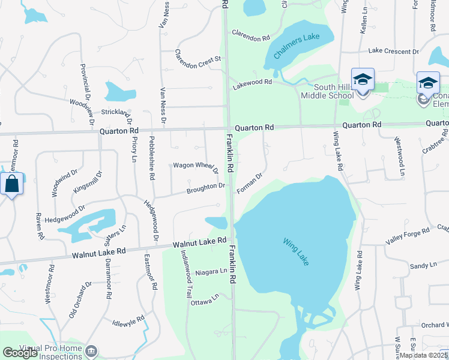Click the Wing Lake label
(295, 251)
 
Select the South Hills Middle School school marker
(363, 80)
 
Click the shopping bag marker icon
(12, 184)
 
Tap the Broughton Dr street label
(205, 188)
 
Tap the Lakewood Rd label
(252, 85)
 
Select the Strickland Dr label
(116, 112)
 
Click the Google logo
(20, 353)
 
